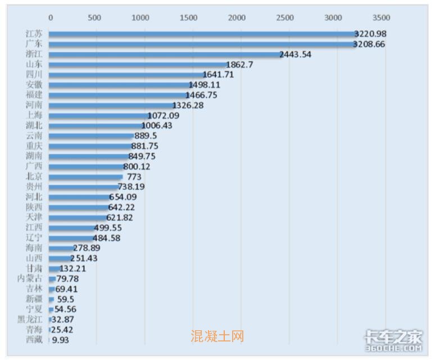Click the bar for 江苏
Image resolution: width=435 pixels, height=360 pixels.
click(202, 34)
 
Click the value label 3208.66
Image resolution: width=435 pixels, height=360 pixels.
click(369, 44)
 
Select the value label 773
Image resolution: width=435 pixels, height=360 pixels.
click(134, 177)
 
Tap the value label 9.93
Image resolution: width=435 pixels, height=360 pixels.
click(61, 340)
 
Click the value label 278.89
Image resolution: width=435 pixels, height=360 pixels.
click(87, 248)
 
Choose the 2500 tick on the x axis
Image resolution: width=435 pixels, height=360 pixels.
click(286, 17)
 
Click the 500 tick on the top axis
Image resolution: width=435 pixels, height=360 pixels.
click(94, 17)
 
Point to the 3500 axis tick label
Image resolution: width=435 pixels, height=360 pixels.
click(381, 17)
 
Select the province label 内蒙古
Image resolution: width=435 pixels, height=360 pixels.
click(30, 279)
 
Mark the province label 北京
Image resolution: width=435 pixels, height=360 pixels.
click(34, 177)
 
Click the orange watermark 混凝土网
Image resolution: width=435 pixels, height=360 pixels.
click(217, 336)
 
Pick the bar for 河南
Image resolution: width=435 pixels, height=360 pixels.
click(112, 106)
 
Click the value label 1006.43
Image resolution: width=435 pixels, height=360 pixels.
click(157, 126)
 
